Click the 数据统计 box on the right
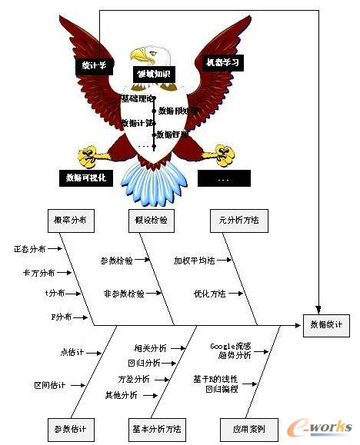coord(325,324)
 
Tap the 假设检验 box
coord(151,221)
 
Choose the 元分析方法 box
coord(234,221)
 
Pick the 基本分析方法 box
coord(151,427)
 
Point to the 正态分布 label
coord(29,249)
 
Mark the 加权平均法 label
coord(194,260)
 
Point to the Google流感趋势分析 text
coord(230,350)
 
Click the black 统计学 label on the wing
coord(95,66)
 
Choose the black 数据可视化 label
coord(85,178)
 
